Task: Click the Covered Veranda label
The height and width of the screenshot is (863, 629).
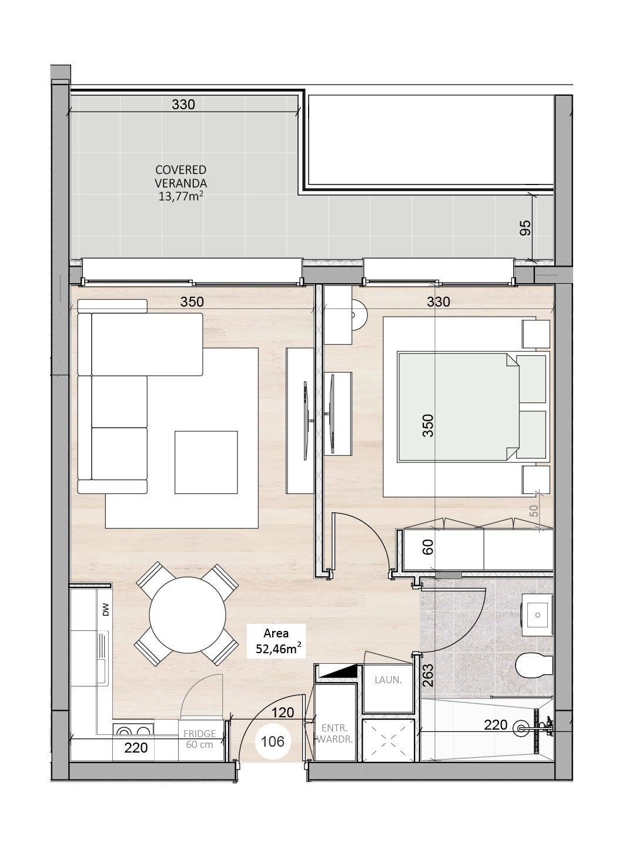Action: tap(180, 183)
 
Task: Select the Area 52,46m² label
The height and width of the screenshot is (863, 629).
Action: tap(276, 641)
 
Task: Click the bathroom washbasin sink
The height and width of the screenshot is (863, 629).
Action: tap(537, 615)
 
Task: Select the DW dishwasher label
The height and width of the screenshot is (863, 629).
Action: tap(106, 609)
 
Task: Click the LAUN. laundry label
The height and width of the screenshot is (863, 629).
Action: tap(388, 680)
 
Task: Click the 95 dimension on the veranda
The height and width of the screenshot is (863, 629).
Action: tap(525, 228)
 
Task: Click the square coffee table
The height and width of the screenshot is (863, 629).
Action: tap(206, 462)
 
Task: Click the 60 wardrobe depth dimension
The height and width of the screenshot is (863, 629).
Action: tap(428, 547)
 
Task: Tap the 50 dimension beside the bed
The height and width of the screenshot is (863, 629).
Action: tap(533, 511)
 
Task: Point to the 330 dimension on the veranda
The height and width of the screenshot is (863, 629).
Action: tap(183, 105)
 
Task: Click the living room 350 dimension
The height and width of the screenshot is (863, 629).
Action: tap(192, 301)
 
